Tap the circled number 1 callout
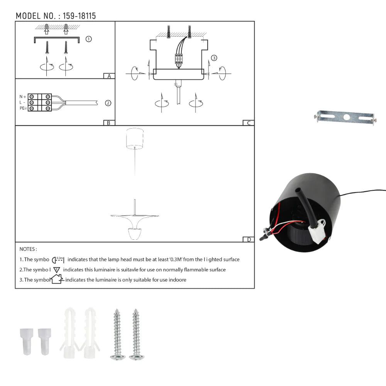point(88,39)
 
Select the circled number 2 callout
point(108,103)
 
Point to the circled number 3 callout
point(214,58)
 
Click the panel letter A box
point(109,76)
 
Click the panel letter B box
point(109,123)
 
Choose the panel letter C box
point(248,123)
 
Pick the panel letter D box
point(249,239)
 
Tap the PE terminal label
point(23,109)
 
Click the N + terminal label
point(23,96)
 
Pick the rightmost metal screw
point(135,334)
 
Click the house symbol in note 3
point(57,279)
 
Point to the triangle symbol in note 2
point(57,270)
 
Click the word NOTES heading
point(28,249)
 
